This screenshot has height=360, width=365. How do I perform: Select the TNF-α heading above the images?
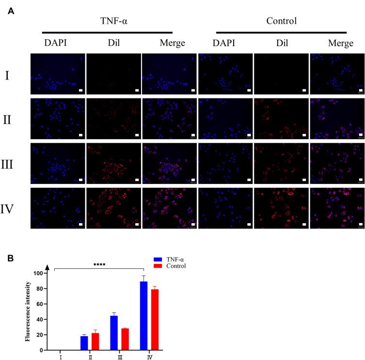click(114, 21)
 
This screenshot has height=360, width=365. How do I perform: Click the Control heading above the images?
click(281, 21)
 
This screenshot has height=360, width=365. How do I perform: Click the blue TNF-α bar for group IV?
click(143, 316)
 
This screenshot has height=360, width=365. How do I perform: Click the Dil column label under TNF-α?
click(114, 44)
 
